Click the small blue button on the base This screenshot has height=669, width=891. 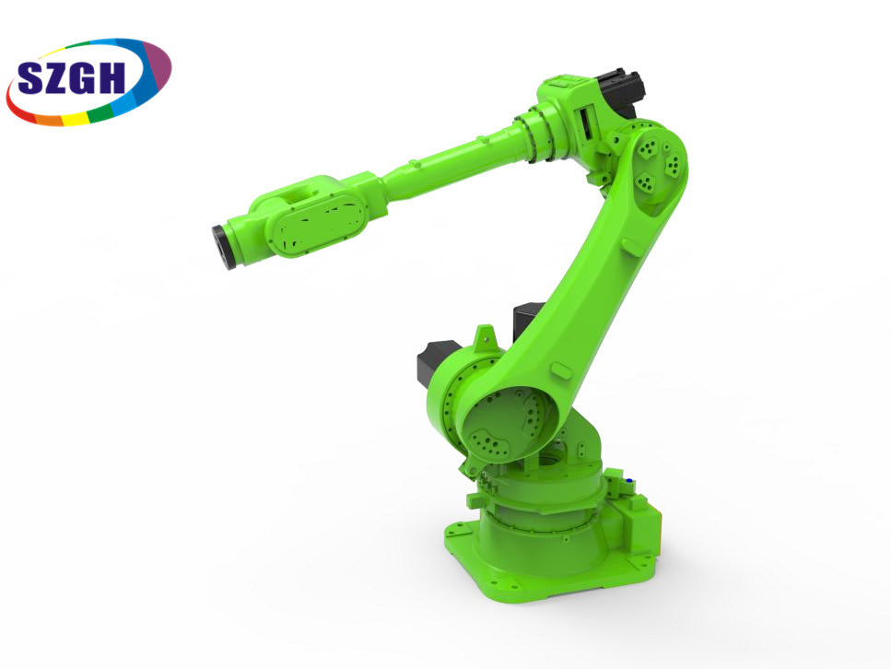629,481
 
